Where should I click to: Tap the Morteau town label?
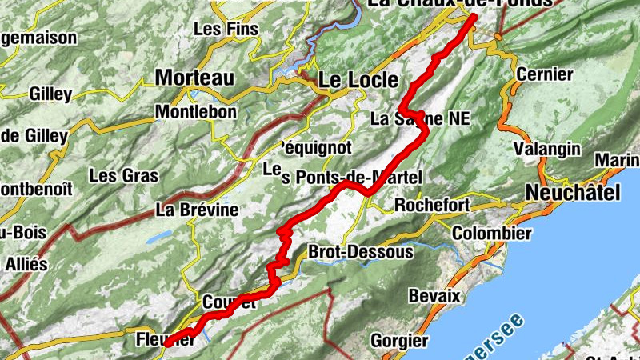194,78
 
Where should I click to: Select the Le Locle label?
358,80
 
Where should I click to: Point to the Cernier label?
545,74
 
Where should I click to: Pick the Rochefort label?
432,206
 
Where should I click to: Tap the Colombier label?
491,234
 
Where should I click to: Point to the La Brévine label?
197,210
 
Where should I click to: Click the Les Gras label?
124,175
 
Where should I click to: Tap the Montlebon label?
196,112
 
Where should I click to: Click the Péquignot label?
317,147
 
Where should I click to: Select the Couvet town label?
229,302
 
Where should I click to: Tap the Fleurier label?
166,338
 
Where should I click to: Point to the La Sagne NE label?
421,119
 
